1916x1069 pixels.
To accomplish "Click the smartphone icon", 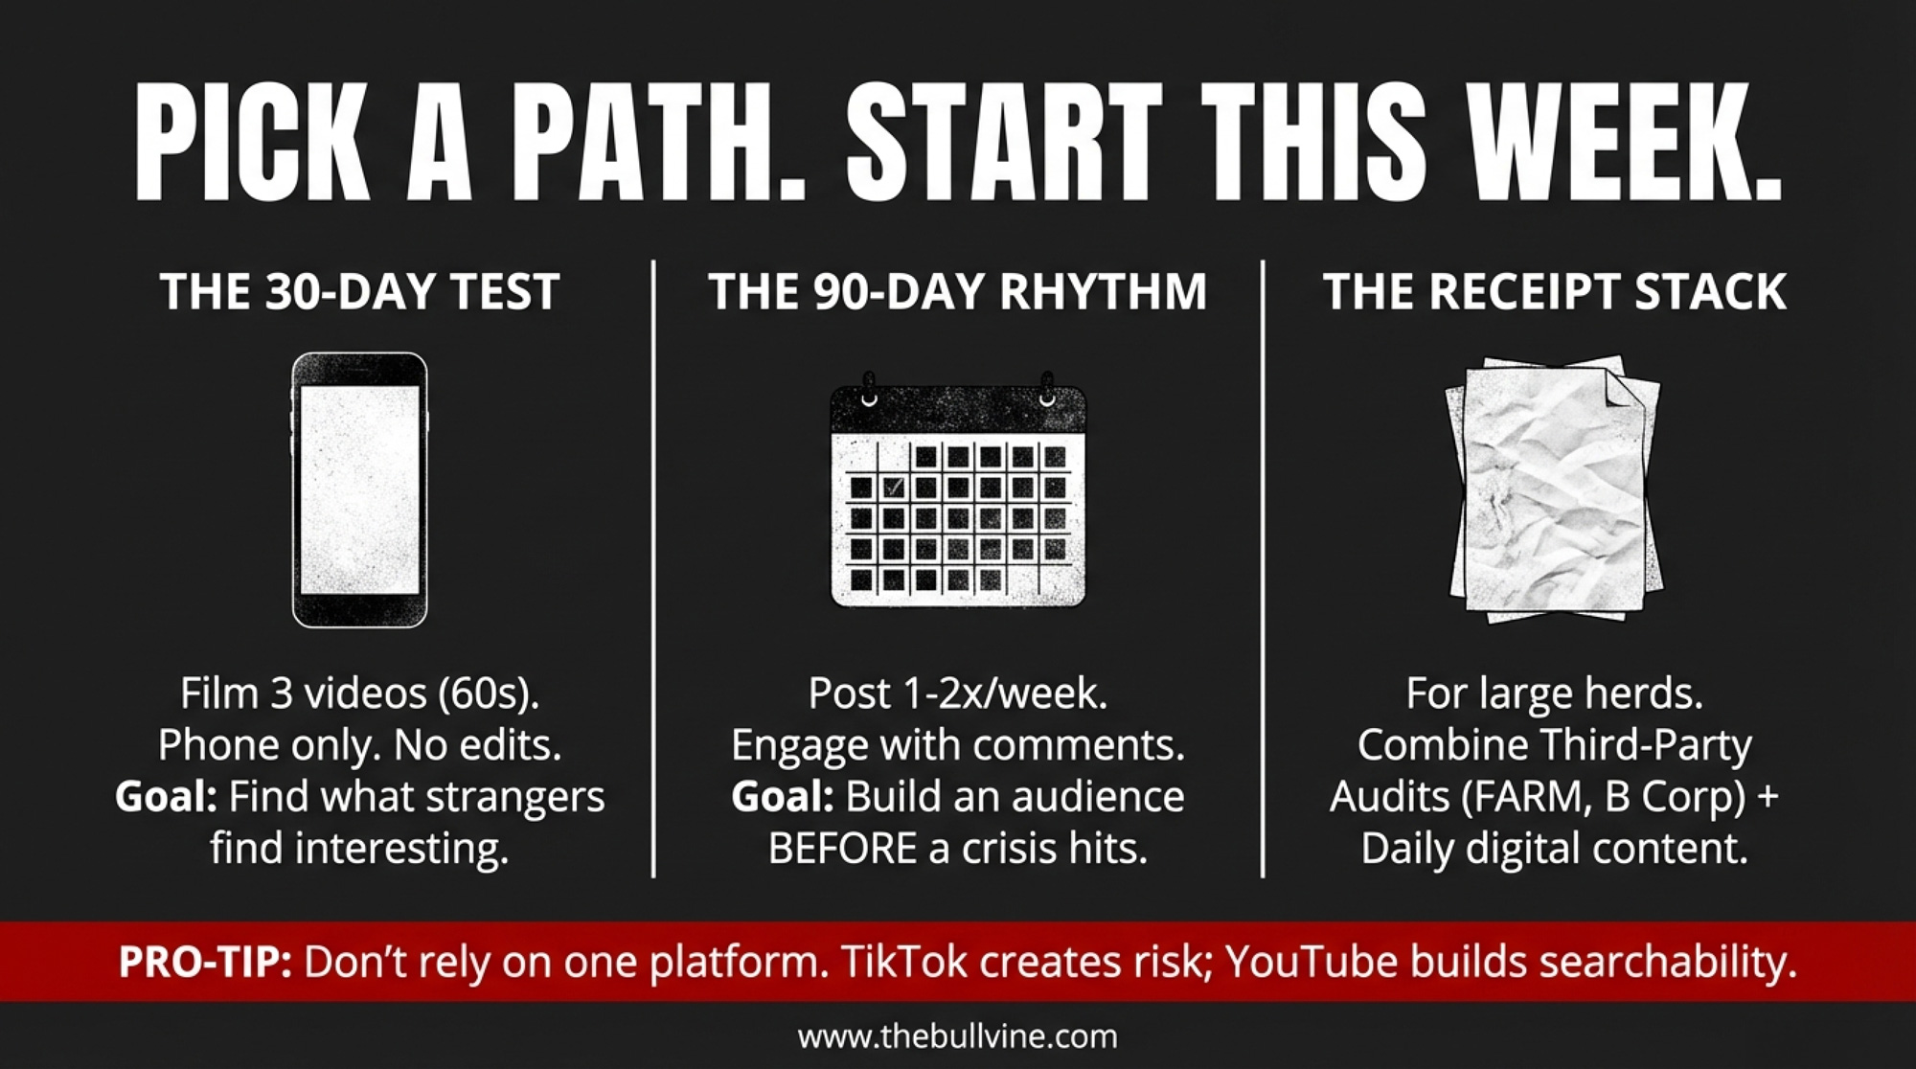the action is [x=359, y=489].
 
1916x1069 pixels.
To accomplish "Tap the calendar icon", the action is [x=958, y=489].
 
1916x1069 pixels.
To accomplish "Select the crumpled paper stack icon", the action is [x=1554, y=489].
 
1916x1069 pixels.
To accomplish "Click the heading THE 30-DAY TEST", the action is [x=359, y=291].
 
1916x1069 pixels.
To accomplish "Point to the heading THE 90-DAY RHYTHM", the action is [x=958, y=291].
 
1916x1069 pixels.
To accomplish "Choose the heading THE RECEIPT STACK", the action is [x=1554, y=291].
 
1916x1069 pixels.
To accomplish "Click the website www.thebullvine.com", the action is [x=958, y=1036].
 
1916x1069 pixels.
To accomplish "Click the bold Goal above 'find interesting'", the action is [x=166, y=797].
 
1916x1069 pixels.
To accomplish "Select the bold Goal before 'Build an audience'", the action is [x=782, y=797].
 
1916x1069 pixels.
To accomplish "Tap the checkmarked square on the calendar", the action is [x=893, y=488].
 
